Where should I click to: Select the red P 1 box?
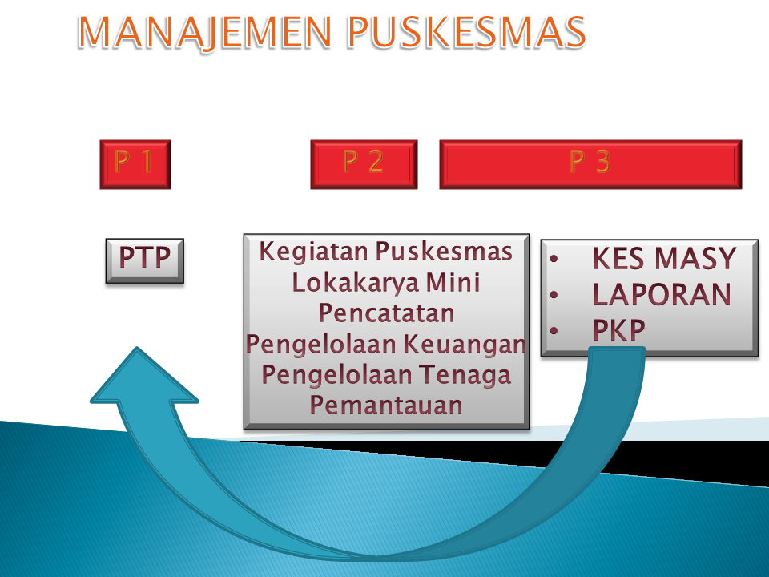(135, 164)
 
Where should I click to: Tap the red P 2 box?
(364, 164)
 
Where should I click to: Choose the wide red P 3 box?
(590, 164)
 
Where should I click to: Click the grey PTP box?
(145, 260)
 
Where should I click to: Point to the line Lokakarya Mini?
(386, 282)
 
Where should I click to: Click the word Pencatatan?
(386, 313)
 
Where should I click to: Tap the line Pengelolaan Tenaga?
(386, 374)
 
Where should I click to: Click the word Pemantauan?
(386, 405)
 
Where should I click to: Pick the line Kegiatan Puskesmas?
(386, 252)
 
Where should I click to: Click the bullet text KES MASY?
(663, 259)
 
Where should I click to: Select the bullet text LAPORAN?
(662, 295)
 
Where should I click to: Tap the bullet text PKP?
(619, 330)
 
